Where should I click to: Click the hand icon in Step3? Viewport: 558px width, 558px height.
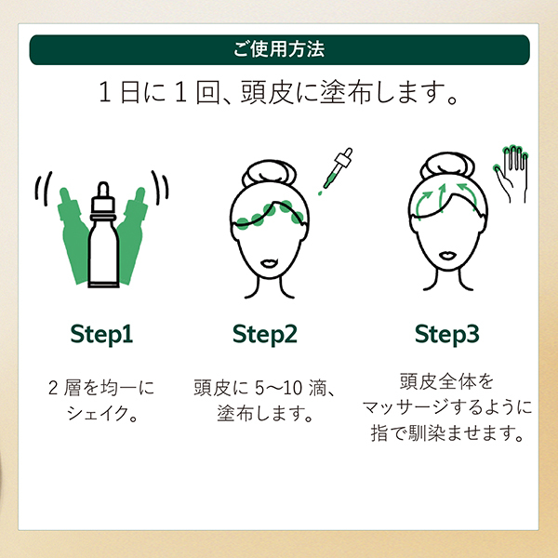pos(512,173)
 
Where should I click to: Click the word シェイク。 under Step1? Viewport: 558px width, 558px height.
pos(101,413)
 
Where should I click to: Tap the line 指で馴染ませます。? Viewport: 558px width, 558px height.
pos(447,434)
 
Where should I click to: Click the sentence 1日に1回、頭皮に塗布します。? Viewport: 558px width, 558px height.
pos(279,95)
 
